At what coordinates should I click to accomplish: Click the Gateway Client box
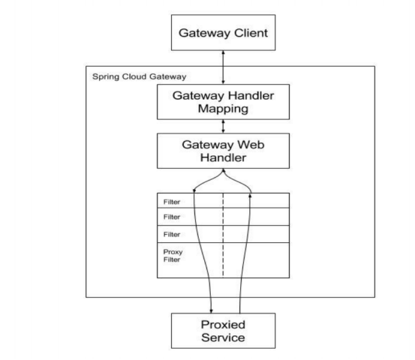pos(223,32)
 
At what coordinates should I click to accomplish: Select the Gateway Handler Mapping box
pos(223,102)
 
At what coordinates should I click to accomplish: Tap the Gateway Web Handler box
pos(223,151)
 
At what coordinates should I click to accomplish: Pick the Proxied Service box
pos(223,331)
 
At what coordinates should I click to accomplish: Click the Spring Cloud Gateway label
pos(140,76)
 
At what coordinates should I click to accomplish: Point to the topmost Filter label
pos(172,202)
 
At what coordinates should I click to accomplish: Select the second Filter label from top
pos(172,217)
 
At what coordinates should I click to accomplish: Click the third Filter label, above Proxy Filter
pos(172,234)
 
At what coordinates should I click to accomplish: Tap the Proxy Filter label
pos(173,256)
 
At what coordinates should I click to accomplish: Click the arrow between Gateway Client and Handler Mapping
pos(223,67)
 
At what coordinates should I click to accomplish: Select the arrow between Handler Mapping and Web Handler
pos(223,127)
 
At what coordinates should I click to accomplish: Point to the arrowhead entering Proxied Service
pos(211,311)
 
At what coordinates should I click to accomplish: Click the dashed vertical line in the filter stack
pos(223,235)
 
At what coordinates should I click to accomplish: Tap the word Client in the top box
pos(251,33)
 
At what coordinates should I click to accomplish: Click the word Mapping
pos(223,109)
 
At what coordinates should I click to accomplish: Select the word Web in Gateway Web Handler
pos(251,145)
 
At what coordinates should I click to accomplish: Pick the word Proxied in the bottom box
pos(223,325)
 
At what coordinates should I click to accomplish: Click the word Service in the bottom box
pos(223,337)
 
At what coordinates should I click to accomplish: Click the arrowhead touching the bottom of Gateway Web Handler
pos(224,171)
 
